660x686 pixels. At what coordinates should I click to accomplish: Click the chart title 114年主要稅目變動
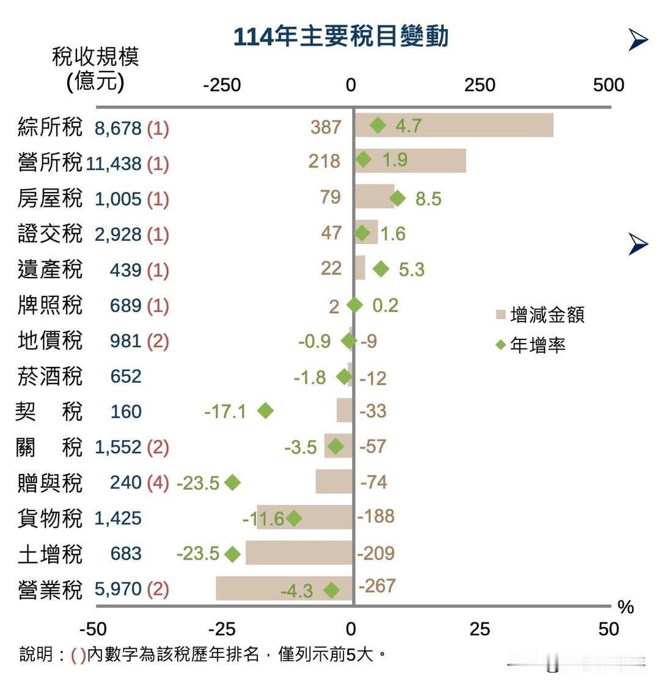pyautogui.click(x=340, y=37)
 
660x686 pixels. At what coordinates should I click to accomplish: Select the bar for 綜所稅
pyautogui.click(x=453, y=125)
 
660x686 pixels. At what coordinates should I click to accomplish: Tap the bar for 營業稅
pyautogui.click(x=284, y=588)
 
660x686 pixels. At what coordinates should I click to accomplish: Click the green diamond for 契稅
pyautogui.click(x=265, y=411)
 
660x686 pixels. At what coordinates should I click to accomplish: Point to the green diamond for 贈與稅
pyautogui.click(x=232, y=482)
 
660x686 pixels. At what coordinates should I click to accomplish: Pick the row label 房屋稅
pyautogui.click(x=50, y=199)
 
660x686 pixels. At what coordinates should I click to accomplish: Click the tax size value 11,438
pyautogui.click(x=114, y=163)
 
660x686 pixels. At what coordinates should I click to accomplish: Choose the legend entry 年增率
pyautogui.click(x=530, y=345)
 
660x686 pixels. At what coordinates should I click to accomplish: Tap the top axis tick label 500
pyautogui.click(x=608, y=85)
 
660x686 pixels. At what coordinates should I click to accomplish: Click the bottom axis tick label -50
pyautogui.click(x=93, y=629)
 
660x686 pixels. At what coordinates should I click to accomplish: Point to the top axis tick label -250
pyautogui.click(x=221, y=85)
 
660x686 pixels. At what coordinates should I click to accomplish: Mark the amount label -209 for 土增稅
pyautogui.click(x=376, y=553)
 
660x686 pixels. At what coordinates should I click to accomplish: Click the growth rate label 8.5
pyautogui.click(x=428, y=199)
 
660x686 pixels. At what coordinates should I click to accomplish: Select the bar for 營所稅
pyautogui.click(x=410, y=161)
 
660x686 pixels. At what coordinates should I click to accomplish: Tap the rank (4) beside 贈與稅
pyautogui.click(x=158, y=482)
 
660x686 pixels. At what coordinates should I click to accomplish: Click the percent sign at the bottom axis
pyautogui.click(x=625, y=607)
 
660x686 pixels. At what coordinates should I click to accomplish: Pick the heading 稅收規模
pyautogui.click(x=95, y=57)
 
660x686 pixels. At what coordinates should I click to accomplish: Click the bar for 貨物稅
pyautogui.click(x=304, y=517)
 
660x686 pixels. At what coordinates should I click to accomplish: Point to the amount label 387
pyautogui.click(x=325, y=127)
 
